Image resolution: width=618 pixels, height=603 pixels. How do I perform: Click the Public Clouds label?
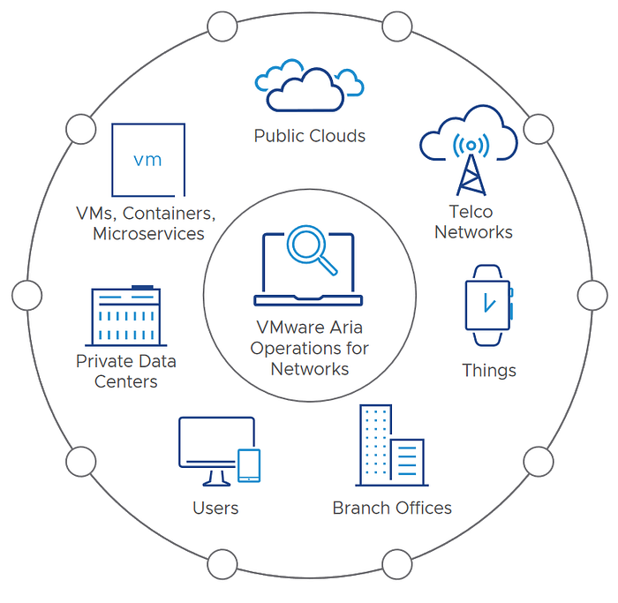pos(309,136)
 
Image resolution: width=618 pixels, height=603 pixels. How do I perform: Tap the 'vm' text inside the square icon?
pos(147,160)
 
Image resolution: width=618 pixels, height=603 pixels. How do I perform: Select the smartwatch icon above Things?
pos(487,305)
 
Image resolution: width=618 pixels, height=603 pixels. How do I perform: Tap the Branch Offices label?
pos(392,508)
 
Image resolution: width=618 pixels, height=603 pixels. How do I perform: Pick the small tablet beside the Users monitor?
pos(250,466)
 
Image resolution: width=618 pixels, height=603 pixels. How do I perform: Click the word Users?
pos(215,508)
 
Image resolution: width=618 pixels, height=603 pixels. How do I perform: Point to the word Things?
pos(488,370)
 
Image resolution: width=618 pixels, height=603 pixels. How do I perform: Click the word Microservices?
pos(148,234)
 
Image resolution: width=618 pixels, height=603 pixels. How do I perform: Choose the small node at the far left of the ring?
pos(26,295)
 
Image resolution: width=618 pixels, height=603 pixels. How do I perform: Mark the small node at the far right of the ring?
pos(592,295)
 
